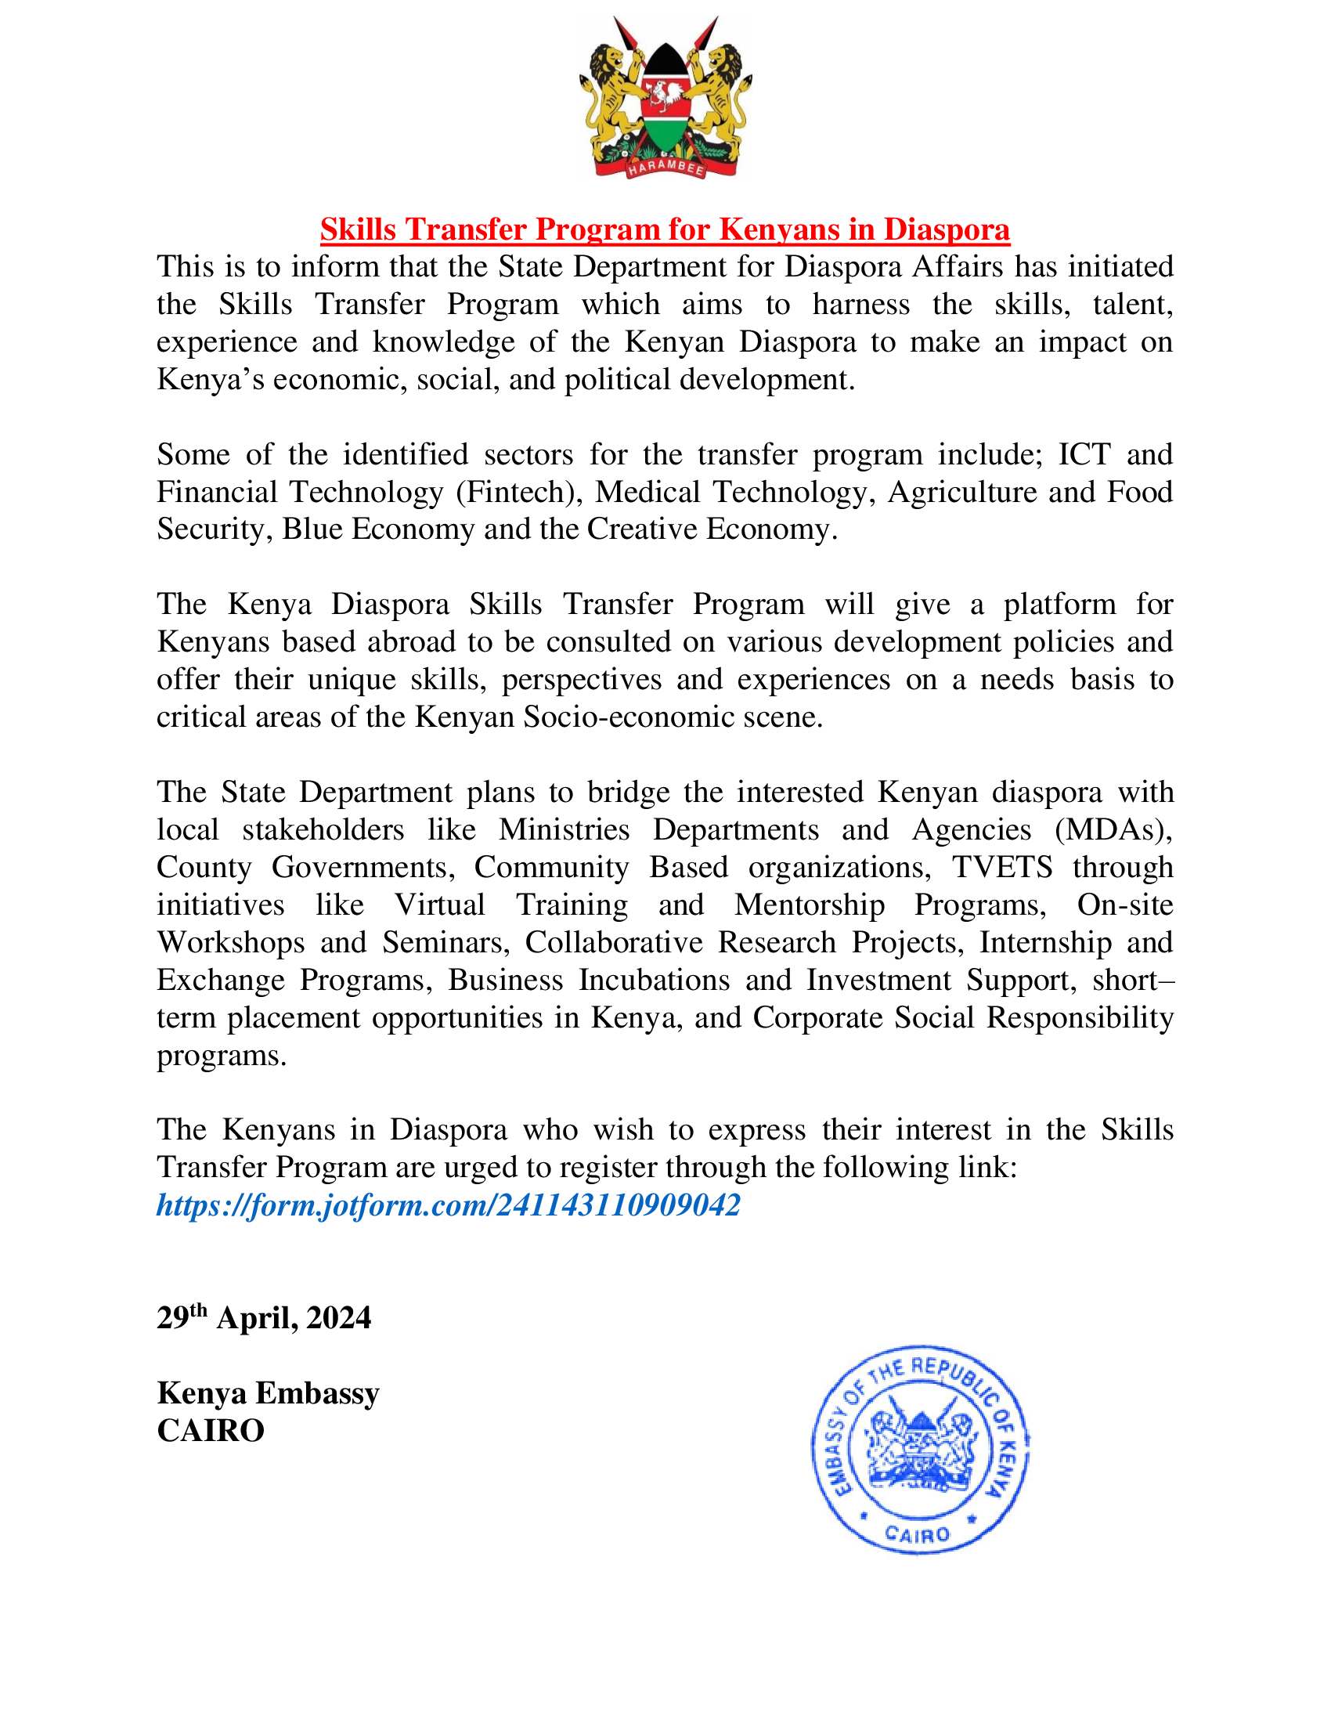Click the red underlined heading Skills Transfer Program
coord(665,229)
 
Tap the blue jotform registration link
coord(448,1205)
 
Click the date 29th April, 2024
coord(263,1318)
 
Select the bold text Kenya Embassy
coord(268,1393)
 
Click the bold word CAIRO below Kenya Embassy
coord(211,1431)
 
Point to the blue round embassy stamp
coord(919,1450)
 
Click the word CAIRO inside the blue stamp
coord(917,1534)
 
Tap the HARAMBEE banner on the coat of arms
coord(665,168)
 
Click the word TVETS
coord(1001,867)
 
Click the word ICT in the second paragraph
coord(1084,455)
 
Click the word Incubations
coord(655,980)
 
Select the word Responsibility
coord(1080,1017)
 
